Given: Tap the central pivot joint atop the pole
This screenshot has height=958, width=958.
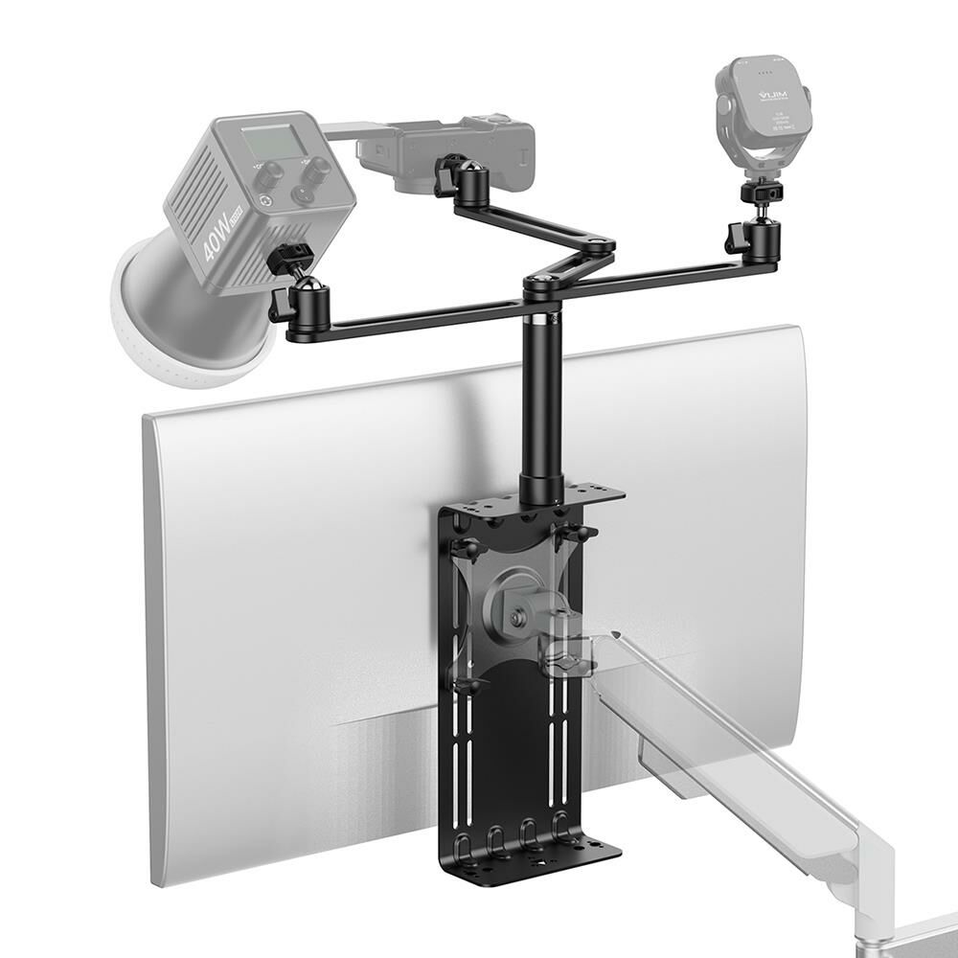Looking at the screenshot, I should click(x=542, y=281).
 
